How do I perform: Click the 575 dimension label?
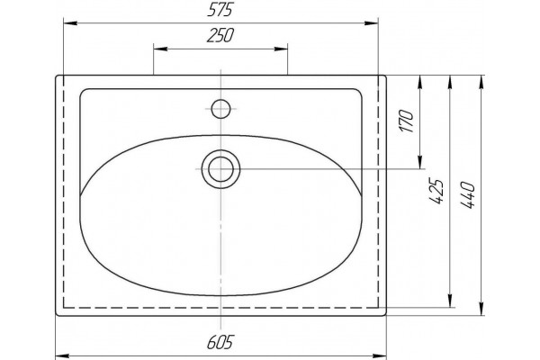pos(220,10)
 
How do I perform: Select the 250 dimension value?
pos(220,35)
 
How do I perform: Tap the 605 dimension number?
pos(220,342)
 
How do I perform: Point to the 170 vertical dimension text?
pos(407,121)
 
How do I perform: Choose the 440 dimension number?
pos(468,195)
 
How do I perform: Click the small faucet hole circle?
pos(220,109)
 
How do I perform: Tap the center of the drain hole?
pos(220,169)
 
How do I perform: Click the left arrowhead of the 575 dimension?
pos(70,23)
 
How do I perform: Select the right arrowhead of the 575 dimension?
pos(371,23)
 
